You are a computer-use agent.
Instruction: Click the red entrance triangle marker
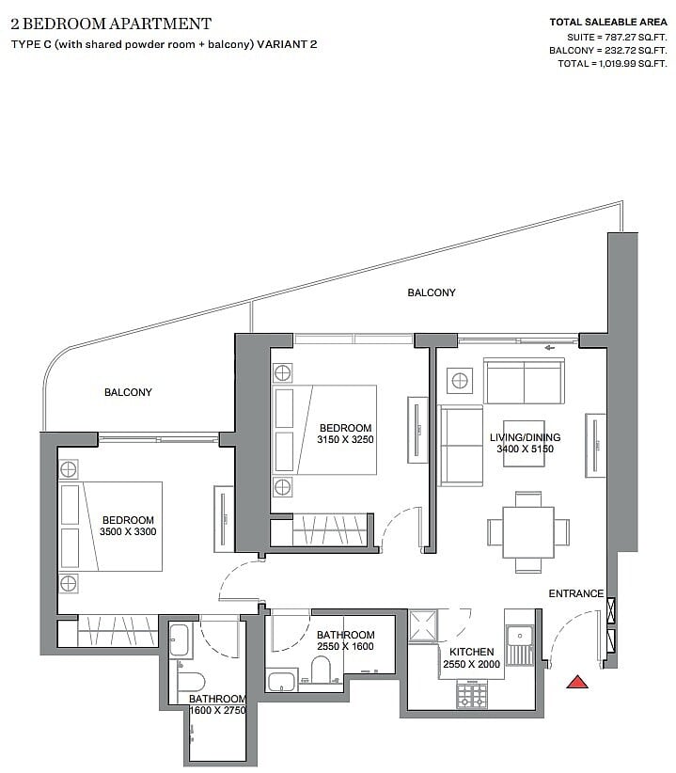(x=576, y=683)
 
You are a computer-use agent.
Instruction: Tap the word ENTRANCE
(x=576, y=593)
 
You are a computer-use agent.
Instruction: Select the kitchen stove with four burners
(x=472, y=695)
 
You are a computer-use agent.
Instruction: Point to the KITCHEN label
(x=472, y=652)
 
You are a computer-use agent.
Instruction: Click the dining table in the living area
(x=528, y=532)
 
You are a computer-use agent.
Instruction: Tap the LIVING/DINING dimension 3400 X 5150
(x=525, y=449)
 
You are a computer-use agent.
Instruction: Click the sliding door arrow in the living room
(x=550, y=348)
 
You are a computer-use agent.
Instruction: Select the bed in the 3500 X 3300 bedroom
(x=111, y=527)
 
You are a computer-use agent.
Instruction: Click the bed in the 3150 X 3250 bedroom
(x=324, y=430)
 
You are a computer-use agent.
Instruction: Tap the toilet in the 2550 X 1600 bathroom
(x=321, y=670)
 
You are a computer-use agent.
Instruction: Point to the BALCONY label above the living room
(x=432, y=292)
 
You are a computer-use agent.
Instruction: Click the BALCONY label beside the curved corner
(x=128, y=392)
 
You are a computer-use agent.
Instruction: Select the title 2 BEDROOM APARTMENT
(x=111, y=24)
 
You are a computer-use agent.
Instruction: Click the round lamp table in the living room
(x=460, y=381)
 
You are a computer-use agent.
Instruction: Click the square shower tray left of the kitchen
(x=423, y=626)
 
